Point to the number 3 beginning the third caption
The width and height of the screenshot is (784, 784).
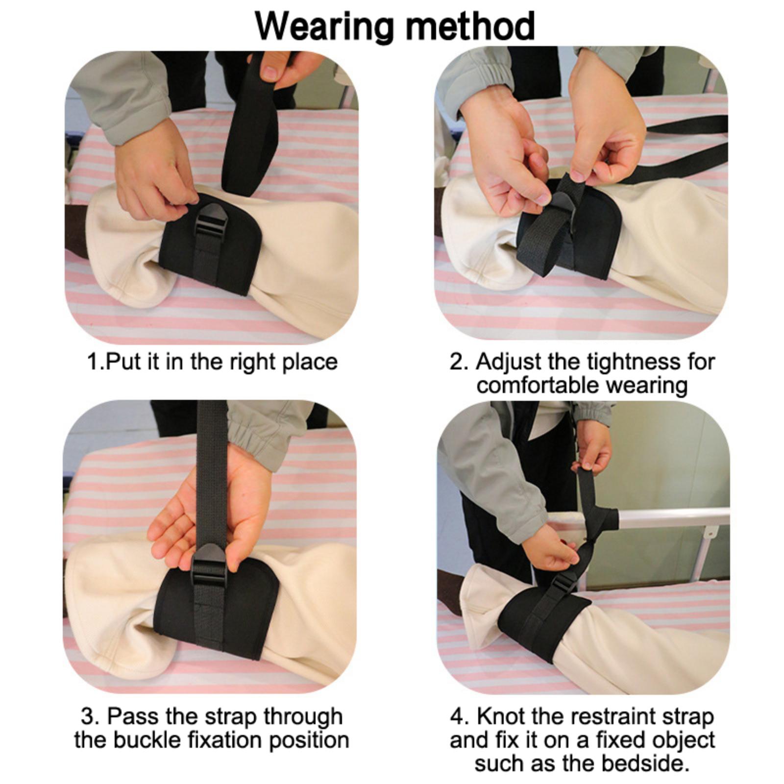tap(88, 716)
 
